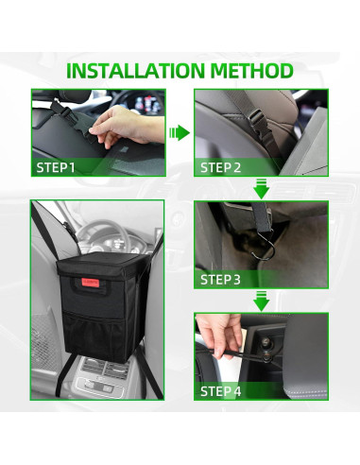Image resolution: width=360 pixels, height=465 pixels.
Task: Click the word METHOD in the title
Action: click(252, 71)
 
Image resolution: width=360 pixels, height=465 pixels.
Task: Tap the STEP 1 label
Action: click(56, 167)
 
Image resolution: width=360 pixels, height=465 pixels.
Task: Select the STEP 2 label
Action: click(220, 167)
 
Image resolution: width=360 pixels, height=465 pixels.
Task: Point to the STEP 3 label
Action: click(220, 280)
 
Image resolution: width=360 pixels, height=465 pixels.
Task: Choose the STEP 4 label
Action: click(220, 391)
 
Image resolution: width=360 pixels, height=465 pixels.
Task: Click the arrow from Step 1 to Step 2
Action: click(180, 132)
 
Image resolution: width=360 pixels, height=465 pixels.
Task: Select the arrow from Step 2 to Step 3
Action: click(261, 188)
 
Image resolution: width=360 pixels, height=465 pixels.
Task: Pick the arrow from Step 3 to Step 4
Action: click(261, 301)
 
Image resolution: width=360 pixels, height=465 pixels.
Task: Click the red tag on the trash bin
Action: click(91, 283)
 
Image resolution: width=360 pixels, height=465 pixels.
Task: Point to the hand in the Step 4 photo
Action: click(220, 334)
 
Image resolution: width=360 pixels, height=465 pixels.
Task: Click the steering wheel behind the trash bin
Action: click(104, 234)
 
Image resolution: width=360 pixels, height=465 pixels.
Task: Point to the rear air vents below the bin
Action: click(106, 369)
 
